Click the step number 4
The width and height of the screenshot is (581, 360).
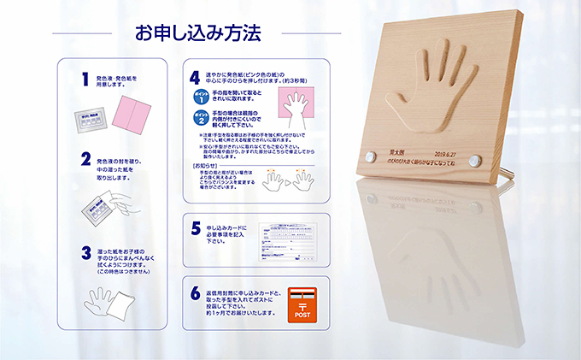tap(196, 78)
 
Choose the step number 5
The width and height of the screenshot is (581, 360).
tap(196, 228)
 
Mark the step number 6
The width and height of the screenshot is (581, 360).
tap(196, 293)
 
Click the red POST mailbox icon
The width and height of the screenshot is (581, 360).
tap(302, 304)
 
